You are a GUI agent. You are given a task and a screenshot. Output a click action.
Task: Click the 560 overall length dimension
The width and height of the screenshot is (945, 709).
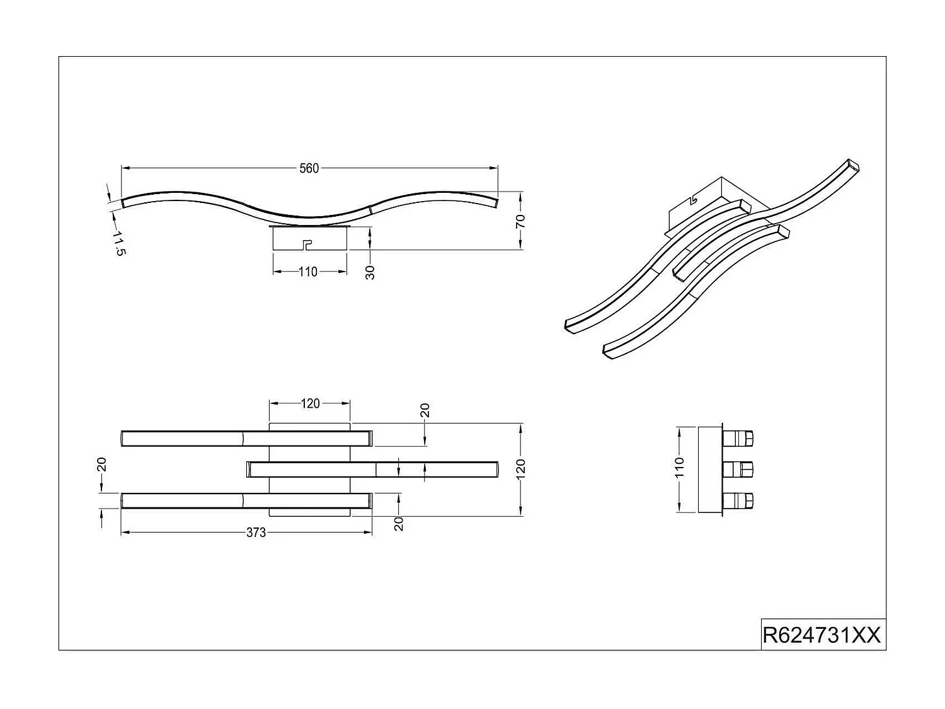[309, 168]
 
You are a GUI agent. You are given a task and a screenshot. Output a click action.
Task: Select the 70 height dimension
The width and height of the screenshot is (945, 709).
[520, 221]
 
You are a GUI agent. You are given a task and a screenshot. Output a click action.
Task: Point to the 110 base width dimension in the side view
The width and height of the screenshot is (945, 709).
[308, 272]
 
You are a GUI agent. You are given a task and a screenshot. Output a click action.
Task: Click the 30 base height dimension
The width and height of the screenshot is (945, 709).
[370, 272]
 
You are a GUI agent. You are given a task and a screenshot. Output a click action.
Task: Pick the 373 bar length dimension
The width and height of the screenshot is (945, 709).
[256, 533]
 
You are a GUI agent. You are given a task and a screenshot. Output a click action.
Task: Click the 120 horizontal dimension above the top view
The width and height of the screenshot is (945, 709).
[310, 403]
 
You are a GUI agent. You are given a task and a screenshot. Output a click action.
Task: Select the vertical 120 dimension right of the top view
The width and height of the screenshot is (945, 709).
[520, 468]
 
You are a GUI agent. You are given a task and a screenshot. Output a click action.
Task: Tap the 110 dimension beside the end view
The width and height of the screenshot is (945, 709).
[679, 468]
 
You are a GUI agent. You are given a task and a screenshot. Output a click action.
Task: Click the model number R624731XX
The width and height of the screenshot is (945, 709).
[822, 635]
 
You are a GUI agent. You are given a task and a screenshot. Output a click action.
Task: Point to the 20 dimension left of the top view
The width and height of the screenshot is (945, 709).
[102, 464]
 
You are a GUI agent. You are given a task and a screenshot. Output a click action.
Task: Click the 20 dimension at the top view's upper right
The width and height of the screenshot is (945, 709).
[425, 411]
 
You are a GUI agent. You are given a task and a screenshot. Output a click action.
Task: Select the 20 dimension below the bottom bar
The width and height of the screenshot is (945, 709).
[399, 523]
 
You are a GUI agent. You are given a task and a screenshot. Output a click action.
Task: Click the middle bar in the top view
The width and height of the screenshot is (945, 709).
[373, 469]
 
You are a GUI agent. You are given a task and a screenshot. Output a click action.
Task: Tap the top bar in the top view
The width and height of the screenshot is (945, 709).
[246, 437]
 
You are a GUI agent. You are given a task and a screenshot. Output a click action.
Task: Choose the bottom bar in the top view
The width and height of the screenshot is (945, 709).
[246, 500]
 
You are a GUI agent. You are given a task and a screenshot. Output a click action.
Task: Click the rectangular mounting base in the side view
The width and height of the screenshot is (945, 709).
[309, 238]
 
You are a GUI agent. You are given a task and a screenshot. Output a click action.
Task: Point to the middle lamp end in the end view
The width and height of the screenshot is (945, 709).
[738, 469]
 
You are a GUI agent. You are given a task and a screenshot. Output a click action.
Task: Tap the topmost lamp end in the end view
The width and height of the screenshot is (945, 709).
[738, 437]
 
